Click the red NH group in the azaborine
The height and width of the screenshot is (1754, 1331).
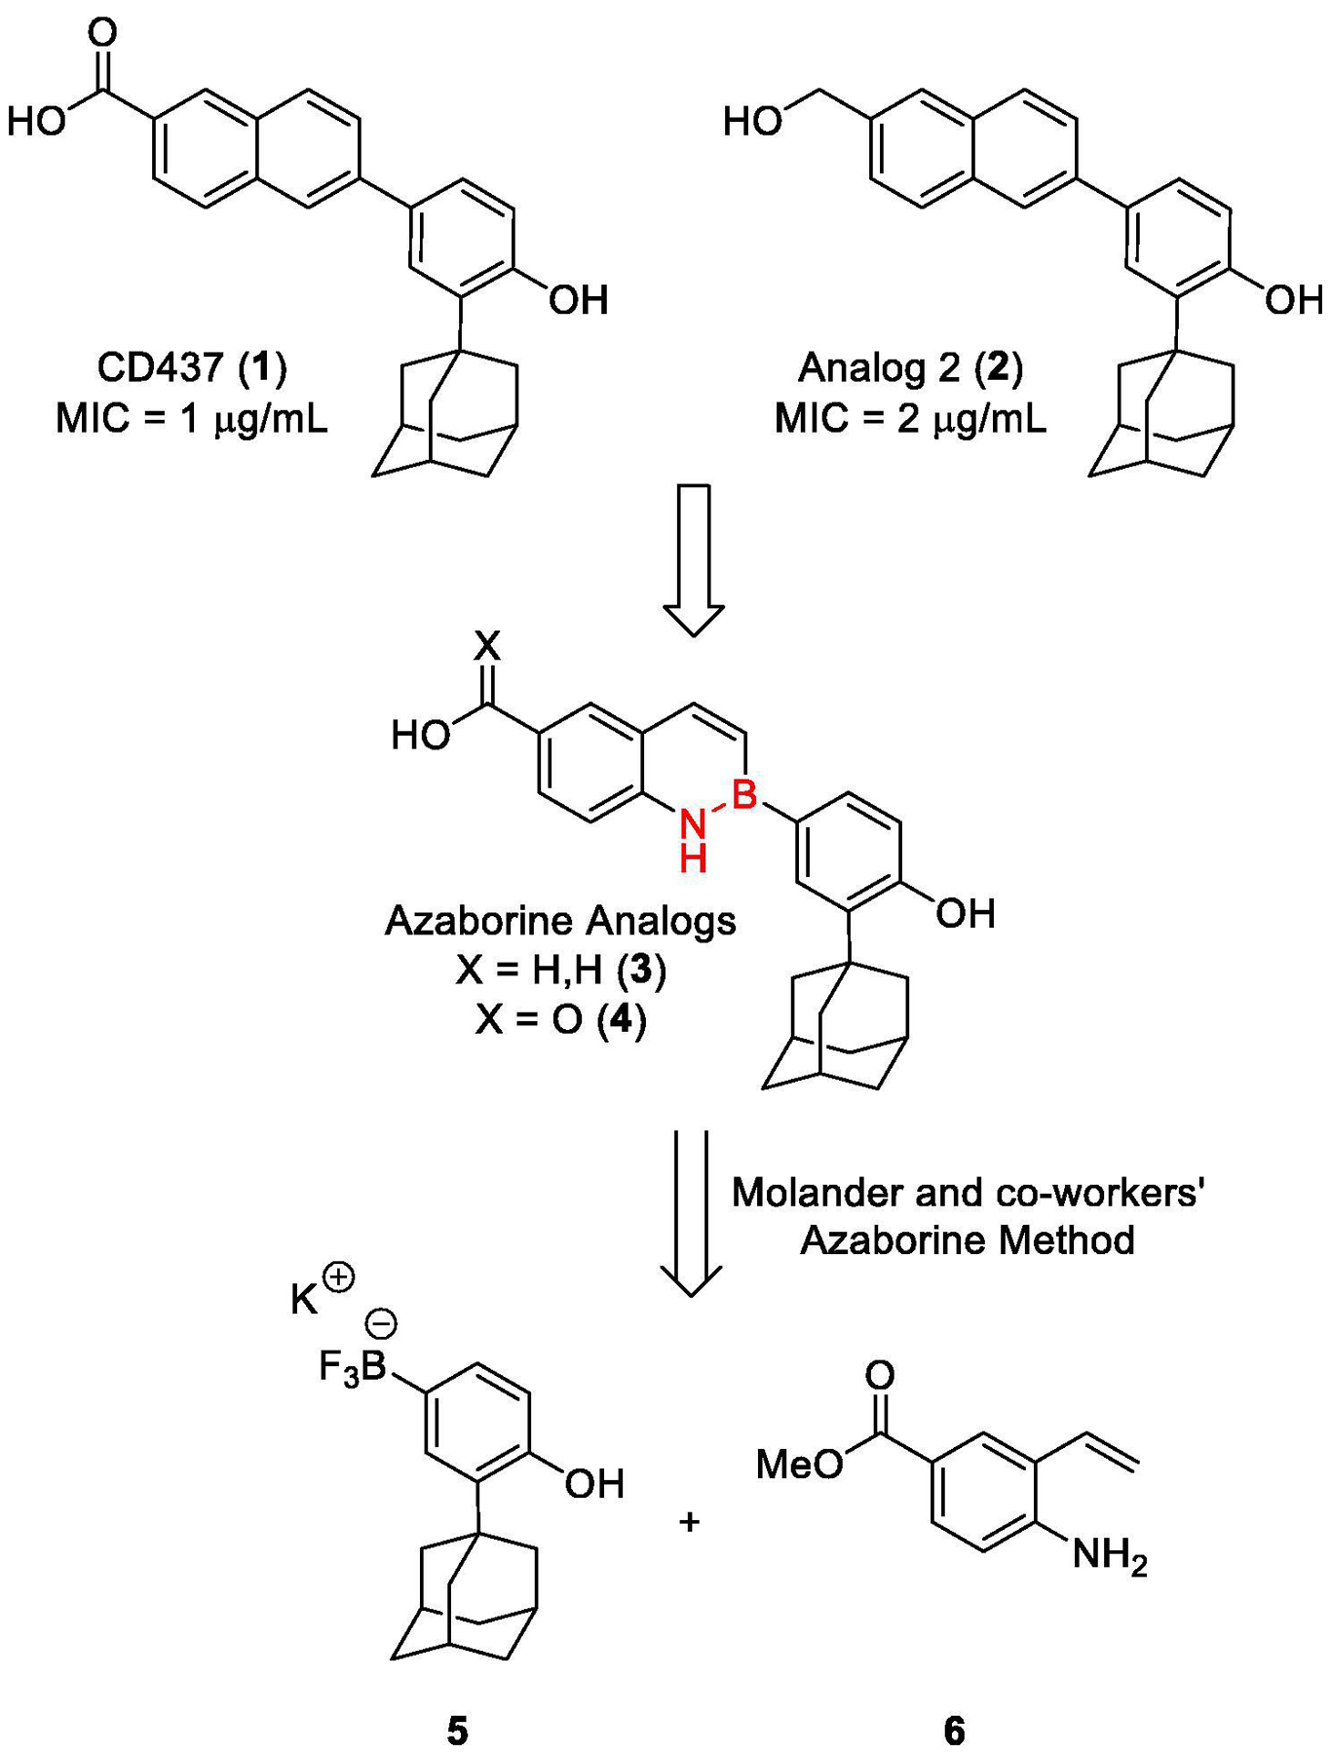coord(693,840)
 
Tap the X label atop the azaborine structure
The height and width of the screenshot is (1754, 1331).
coord(486,646)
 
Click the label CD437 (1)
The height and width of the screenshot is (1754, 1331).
coord(192,367)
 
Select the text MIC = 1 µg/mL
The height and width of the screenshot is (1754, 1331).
coord(192,419)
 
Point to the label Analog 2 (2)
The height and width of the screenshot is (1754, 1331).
coord(910,367)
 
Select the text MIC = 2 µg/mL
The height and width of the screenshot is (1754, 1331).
coord(910,419)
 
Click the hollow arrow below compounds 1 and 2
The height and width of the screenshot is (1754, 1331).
coord(694,560)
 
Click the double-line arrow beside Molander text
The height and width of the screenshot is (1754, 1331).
coord(691,1213)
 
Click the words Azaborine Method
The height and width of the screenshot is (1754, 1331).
coord(968,1240)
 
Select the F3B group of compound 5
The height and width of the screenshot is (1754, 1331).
coord(353,1367)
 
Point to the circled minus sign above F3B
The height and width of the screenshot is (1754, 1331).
coord(381,1322)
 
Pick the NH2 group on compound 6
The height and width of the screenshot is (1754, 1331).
coord(1110,1556)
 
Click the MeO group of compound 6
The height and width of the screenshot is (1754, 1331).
coord(800,1463)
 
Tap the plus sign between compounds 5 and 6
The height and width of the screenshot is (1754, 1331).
coord(690,1521)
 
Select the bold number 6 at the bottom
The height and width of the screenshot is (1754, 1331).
coord(954,1731)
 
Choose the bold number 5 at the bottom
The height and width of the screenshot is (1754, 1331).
coord(457,1731)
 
